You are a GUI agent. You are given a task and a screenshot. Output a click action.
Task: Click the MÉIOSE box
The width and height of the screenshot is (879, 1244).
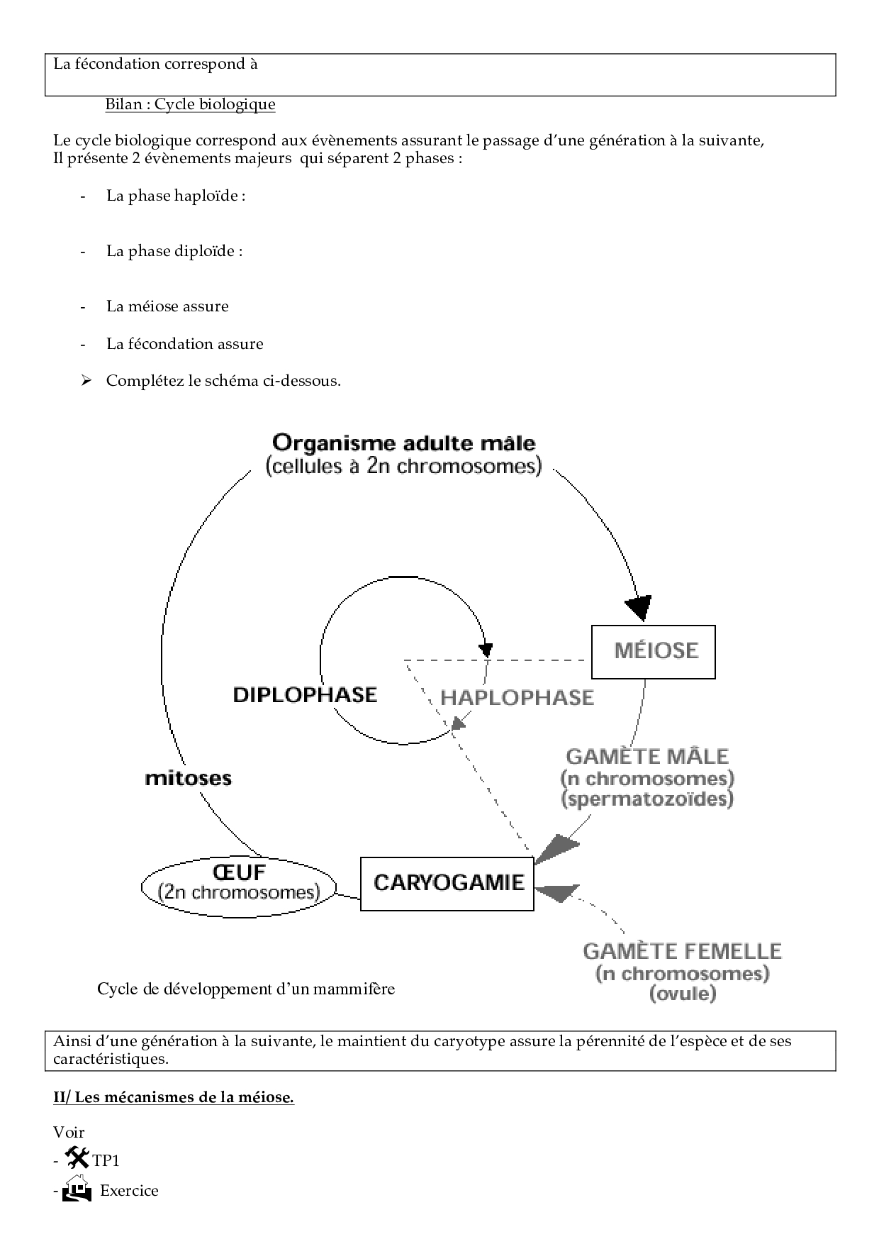(653, 651)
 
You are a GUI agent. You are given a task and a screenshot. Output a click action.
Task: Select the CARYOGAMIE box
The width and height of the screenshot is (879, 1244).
(447, 883)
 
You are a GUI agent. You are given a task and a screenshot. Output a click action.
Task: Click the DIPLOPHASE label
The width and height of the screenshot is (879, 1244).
(305, 694)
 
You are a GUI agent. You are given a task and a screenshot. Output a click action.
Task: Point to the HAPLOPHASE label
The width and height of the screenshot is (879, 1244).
(517, 697)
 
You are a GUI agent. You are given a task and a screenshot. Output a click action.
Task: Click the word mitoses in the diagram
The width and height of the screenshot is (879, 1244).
(188, 778)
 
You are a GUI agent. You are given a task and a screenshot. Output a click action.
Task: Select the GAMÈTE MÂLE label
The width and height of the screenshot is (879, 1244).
(647, 757)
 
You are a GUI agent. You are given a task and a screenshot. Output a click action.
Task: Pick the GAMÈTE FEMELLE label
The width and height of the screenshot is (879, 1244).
(682, 951)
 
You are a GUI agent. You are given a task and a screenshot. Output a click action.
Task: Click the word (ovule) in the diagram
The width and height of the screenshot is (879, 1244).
(683, 993)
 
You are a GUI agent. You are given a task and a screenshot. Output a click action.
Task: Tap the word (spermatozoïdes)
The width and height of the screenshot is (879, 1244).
(647, 799)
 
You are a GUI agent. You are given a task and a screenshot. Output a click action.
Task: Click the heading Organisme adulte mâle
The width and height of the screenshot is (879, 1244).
(403, 443)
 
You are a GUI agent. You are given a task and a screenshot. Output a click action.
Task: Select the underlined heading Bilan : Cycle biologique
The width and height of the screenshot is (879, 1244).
(190, 104)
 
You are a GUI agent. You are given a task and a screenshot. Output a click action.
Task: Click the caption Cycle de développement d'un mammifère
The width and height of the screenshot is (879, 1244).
(245, 989)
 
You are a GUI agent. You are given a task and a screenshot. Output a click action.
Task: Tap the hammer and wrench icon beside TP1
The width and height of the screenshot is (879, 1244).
(77, 1158)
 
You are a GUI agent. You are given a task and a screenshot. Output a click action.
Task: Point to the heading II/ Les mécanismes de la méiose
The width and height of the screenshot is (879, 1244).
(173, 1097)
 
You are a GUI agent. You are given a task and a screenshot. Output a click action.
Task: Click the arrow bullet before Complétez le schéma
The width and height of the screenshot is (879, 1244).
(86, 381)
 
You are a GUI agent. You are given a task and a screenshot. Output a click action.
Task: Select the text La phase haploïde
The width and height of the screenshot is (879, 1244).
(176, 196)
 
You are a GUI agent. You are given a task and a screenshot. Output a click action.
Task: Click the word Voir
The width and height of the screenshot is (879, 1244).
(69, 1132)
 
